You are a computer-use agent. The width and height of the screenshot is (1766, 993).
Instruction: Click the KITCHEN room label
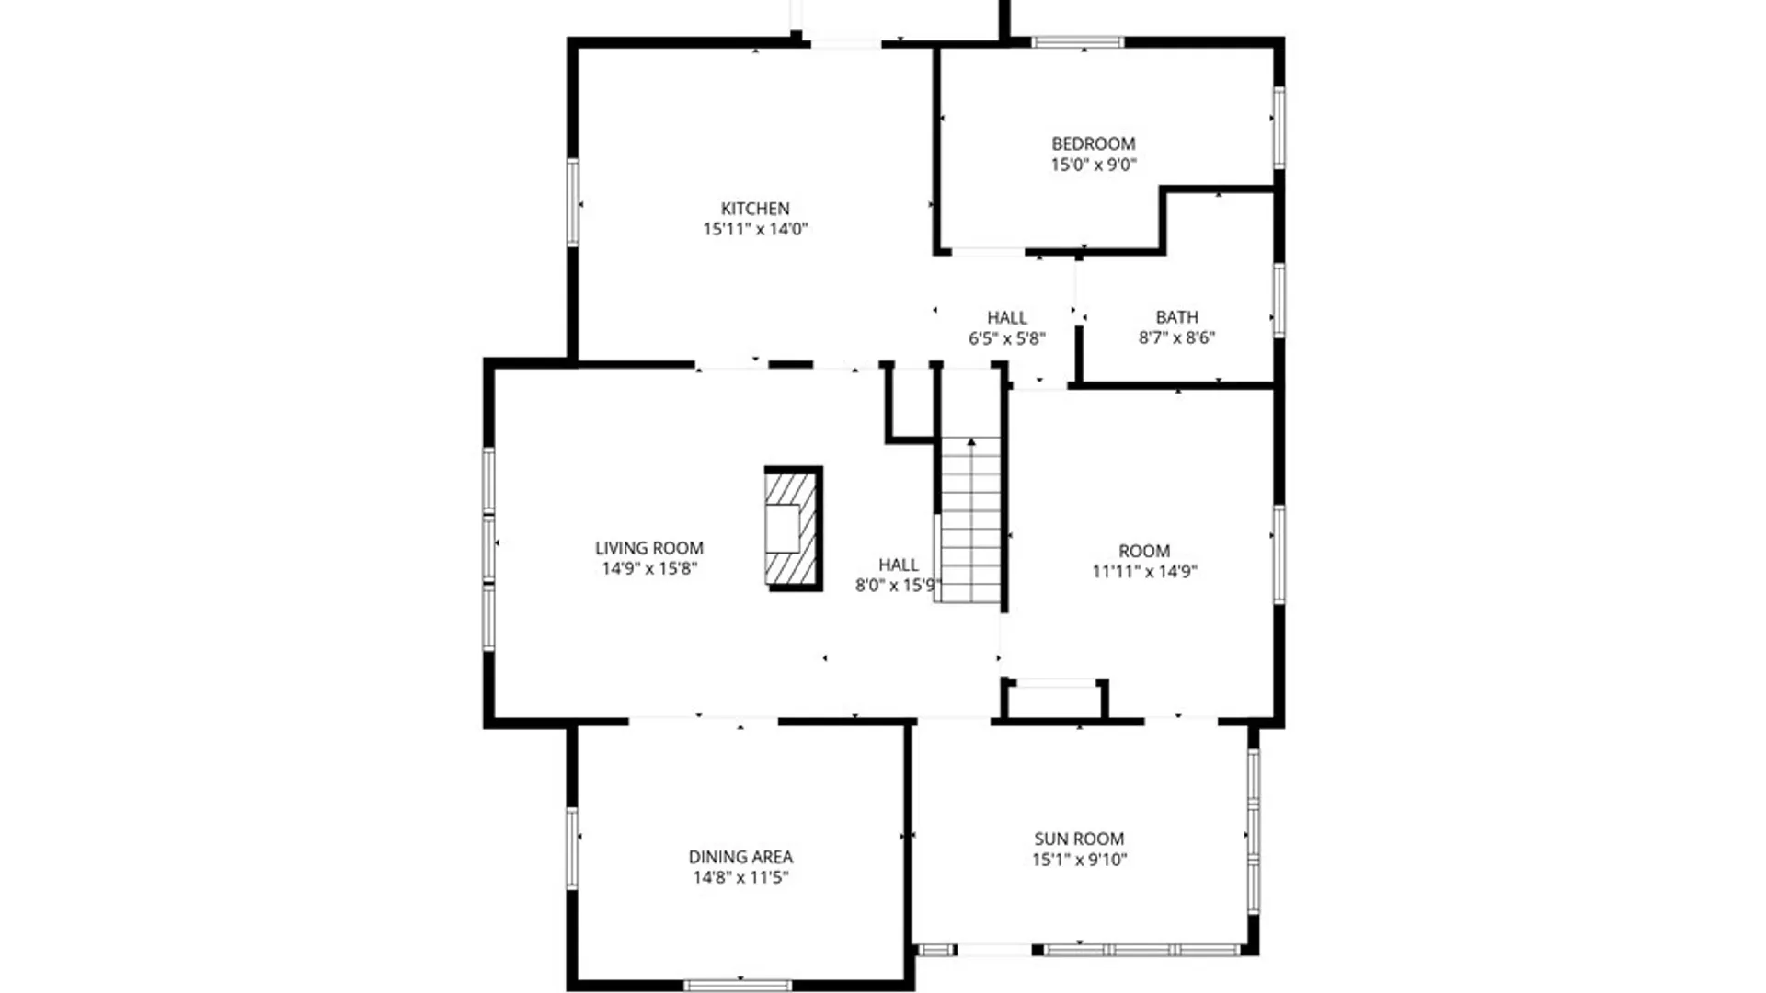point(754,209)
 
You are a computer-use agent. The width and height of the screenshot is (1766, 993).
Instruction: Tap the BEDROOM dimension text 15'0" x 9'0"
point(1094,165)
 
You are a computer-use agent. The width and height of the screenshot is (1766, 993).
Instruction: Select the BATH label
point(1176,317)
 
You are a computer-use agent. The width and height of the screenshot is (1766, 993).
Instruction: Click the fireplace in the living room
point(792,528)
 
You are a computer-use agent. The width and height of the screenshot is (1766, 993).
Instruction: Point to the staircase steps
point(970,533)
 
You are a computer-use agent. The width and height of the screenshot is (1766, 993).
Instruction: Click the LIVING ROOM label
point(648,548)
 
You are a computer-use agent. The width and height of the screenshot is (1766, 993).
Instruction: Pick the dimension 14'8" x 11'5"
point(740,877)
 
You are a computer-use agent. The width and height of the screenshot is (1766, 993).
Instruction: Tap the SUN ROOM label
point(1079,839)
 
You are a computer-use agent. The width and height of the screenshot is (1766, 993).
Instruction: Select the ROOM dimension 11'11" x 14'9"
point(1144,571)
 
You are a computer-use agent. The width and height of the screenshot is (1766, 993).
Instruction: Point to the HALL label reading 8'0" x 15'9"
point(898,565)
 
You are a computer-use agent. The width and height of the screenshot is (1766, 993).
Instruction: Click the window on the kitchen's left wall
point(572,202)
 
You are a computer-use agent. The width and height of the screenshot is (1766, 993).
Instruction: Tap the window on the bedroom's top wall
point(1077,42)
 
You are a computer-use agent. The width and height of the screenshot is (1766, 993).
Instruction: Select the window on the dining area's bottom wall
point(738,985)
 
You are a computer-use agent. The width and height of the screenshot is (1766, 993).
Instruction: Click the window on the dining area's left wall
point(572,848)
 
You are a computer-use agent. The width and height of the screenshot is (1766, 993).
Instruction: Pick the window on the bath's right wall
point(1279,300)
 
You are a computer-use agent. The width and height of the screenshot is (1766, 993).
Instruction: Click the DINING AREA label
point(740,856)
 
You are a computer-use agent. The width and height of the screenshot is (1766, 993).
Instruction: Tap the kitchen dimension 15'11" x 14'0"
point(754,229)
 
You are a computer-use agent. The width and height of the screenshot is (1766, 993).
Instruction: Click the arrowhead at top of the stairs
point(970,443)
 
